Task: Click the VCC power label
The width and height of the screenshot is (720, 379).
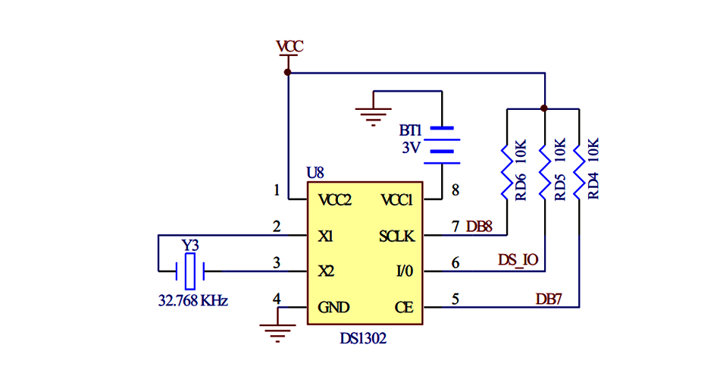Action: tap(290, 46)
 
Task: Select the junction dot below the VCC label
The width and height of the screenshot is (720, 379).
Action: tap(288, 73)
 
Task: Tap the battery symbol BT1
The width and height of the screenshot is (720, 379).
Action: tap(442, 144)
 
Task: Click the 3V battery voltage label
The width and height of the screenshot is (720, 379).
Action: tap(411, 147)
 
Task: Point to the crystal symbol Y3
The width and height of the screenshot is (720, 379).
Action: tap(191, 268)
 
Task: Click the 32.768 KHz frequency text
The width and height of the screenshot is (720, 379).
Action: tap(193, 300)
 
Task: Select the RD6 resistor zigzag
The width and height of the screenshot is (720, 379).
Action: tap(506, 171)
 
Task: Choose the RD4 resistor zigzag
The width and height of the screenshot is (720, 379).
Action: tap(579, 171)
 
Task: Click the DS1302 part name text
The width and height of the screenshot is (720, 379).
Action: tap(363, 339)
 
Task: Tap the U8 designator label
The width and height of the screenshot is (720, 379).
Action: tap(315, 174)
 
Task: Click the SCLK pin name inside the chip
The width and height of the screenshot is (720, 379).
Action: tap(396, 236)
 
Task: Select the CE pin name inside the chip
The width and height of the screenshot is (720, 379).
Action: tap(404, 307)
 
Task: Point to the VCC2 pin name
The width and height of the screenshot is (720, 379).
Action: tap(335, 201)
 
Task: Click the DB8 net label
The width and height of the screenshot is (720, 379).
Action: tap(479, 226)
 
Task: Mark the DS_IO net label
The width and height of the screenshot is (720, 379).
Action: tap(518, 260)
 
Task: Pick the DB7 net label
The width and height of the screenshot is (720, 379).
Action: tap(549, 299)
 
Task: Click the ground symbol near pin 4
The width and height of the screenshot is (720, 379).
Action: tap(277, 330)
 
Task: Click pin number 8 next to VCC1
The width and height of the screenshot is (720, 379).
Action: tap(455, 191)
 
